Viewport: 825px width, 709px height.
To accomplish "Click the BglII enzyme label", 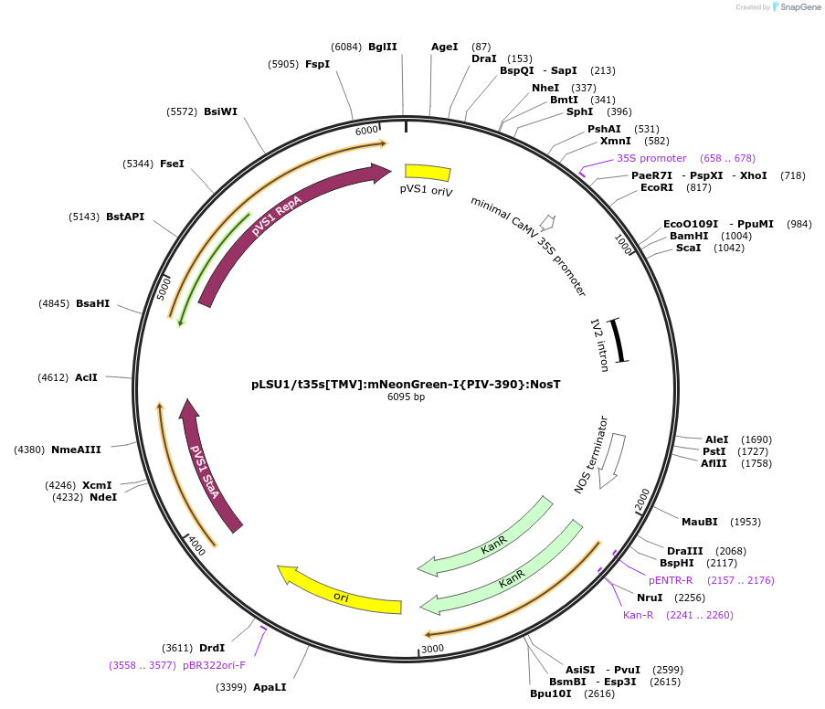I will click(x=382, y=47).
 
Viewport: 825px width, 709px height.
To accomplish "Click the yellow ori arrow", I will click(x=340, y=595).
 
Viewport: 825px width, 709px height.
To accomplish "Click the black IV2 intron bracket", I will click(x=618, y=340).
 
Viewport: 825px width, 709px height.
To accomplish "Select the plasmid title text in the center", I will click(x=406, y=384).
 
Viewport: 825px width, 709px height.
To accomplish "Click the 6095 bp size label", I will click(x=406, y=397).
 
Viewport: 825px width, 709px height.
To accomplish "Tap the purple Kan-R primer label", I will click(x=638, y=615).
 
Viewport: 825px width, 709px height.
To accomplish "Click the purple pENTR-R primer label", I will click(x=671, y=580).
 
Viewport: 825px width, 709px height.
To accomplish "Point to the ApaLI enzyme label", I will click(x=270, y=686).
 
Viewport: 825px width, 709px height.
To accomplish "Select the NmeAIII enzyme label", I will click(x=76, y=449).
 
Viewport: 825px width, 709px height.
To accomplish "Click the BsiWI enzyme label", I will click(x=220, y=111).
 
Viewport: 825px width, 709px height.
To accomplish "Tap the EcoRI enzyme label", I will click(x=657, y=187).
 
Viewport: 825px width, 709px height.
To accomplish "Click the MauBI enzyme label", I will click(x=699, y=522).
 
